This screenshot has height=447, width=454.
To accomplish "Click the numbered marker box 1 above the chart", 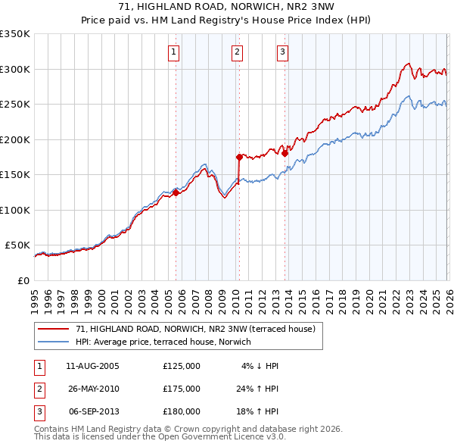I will (x=174, y=52).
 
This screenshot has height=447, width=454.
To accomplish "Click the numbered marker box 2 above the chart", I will (x=238, y=52).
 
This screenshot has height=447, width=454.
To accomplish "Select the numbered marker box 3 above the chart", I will (x=282, y=52).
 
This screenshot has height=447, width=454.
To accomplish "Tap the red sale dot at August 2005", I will (x=176, y=192).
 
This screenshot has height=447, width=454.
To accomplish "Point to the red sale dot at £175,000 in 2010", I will (x=239, y=158).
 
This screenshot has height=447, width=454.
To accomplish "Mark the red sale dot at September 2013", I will (x=285, y=154).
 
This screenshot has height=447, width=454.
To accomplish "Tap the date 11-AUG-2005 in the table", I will (x=92, y=366).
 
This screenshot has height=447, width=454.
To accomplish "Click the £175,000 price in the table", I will (x=182, y=389).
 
